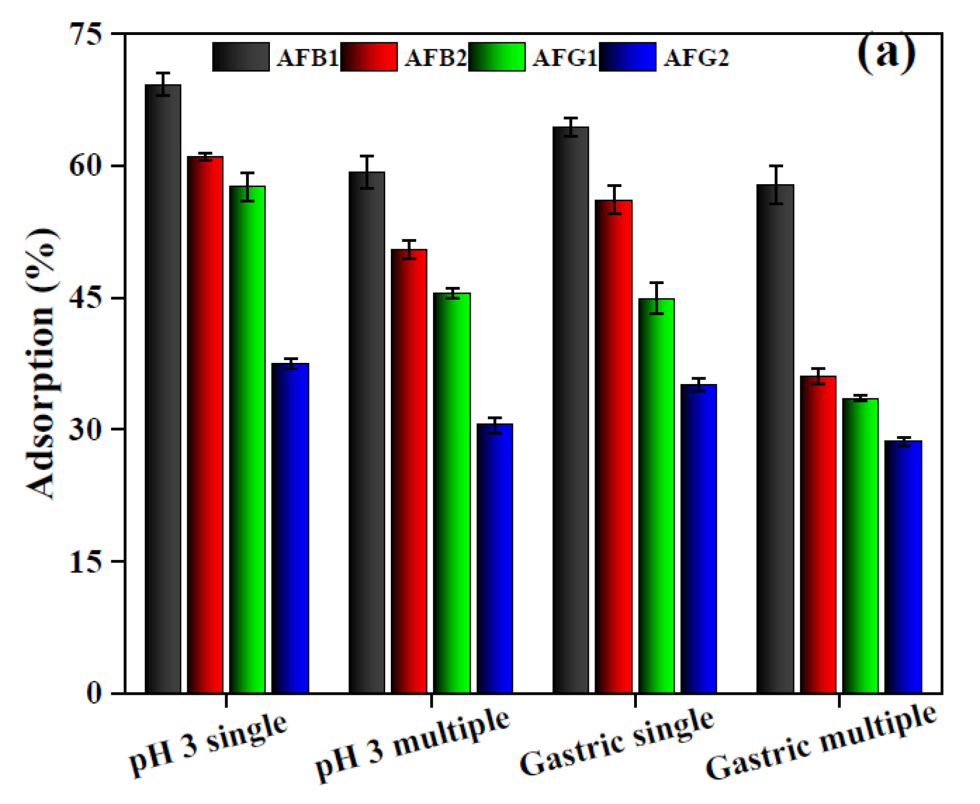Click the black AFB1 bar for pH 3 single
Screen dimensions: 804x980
click(x=163, y=388)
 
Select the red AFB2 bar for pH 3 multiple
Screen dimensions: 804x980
click(x=409, y=472)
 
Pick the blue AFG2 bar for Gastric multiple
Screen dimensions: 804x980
click(x=903, y=567)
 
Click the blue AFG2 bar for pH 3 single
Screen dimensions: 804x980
click(x=290, y=528)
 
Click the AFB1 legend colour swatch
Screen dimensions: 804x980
click(x=241, y=57)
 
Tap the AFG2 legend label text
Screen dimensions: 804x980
click(x=696, y=58)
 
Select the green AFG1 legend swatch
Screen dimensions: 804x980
click(x=497, y=57)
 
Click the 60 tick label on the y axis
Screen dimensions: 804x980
click(x=86, y=165)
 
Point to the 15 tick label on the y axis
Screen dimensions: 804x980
click(x=86, y=562)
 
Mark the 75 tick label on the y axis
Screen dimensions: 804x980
click(x=86, y=34)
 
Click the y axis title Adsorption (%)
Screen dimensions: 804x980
click(x=42, y=363)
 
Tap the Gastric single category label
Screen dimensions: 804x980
click(x=616, y=744)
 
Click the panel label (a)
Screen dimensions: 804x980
click(x=886, y=53)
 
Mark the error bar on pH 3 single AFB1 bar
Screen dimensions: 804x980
click(x=163, y=84)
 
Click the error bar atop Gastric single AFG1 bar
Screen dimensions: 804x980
click(x=656, y=299)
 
